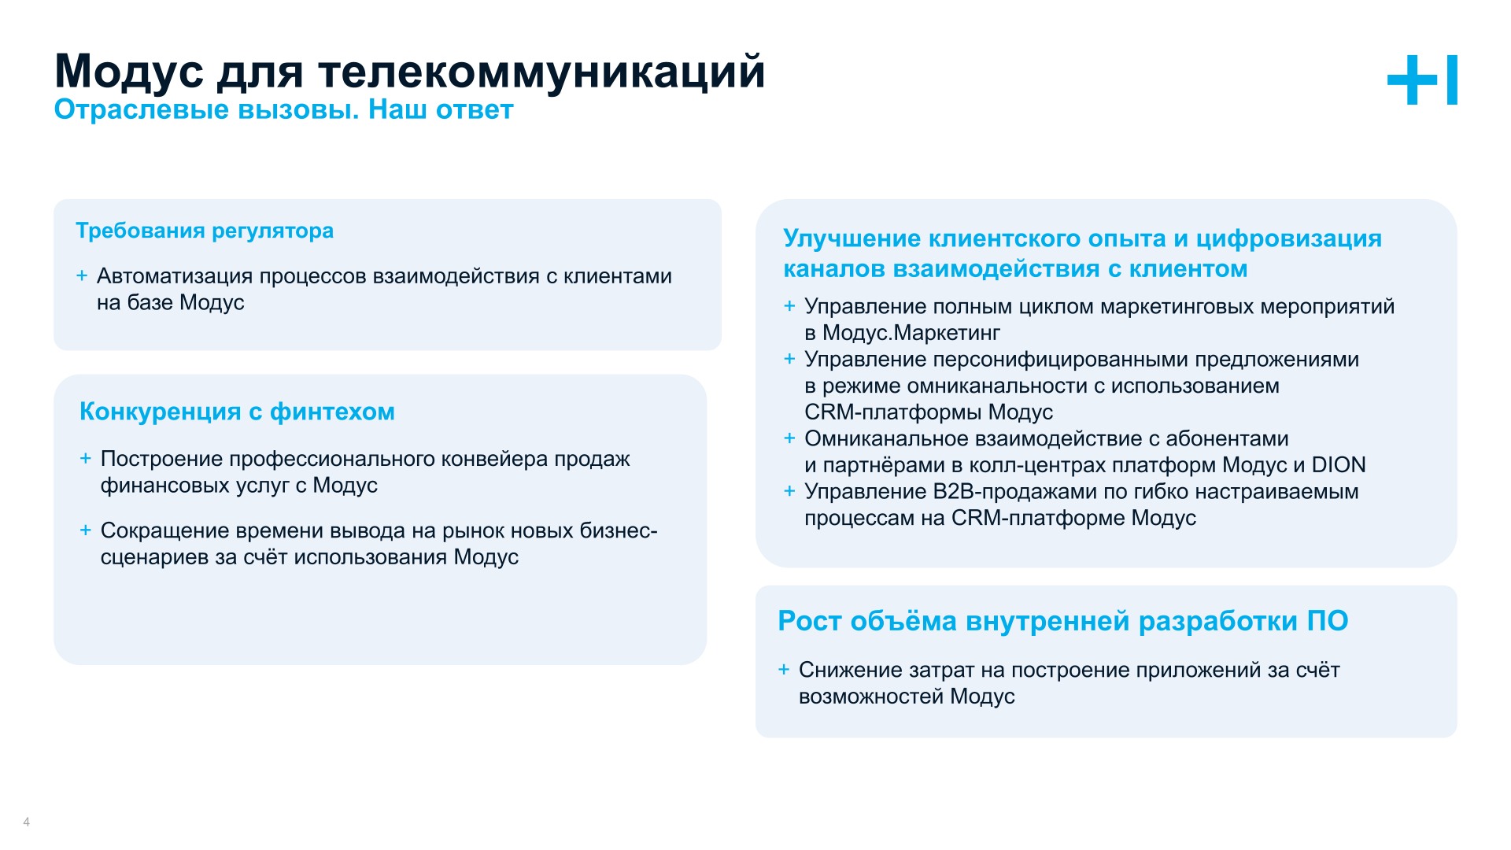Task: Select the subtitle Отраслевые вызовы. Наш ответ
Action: pyautogui.click(x=283, y=110)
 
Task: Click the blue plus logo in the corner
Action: pyautogui.click(x=1421, y=79)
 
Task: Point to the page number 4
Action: pyautogui.click(x=27, y=822)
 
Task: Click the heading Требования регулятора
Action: pyautogui.click(x=205, y=231)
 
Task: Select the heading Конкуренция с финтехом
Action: pyautogui.click(x=237, y=412)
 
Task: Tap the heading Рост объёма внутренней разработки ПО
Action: pyautogui.click(x=1062, y=621)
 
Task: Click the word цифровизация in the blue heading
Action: pyautogui.click(x=1288, y=238)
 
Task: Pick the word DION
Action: pyautogui.click(x=1338, y=465)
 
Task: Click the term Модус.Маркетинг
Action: pyautogui.click(x=911, y=333)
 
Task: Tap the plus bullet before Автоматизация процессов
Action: pyautogui.click(x=82, y=275)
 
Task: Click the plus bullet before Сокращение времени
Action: pyautogui.click(x=86, y=530)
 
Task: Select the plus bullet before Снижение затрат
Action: pyautogui.click(x=784, y=670)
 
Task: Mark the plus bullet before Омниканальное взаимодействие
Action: pyautogui.click(x=789, y=438)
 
